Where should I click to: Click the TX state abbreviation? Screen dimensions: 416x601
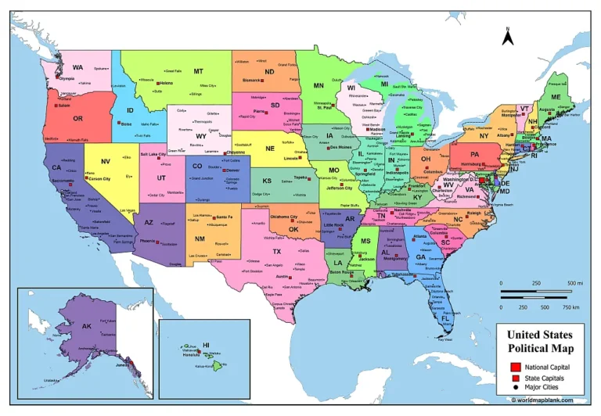tap(276, 252)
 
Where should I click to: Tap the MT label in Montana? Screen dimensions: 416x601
tap(199, 70)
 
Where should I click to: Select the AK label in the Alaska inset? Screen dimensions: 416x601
tap(87, 325)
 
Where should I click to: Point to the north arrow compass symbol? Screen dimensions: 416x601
tap(507, 35)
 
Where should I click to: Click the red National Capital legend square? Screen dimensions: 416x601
tap(515, 367)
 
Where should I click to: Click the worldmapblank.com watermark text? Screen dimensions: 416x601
tap(548, 400)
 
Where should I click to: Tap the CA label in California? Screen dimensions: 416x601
tap(56, 167)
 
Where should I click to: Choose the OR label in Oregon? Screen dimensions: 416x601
tap(77, 118)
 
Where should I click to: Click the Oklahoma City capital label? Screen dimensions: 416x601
tap(283, 217)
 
